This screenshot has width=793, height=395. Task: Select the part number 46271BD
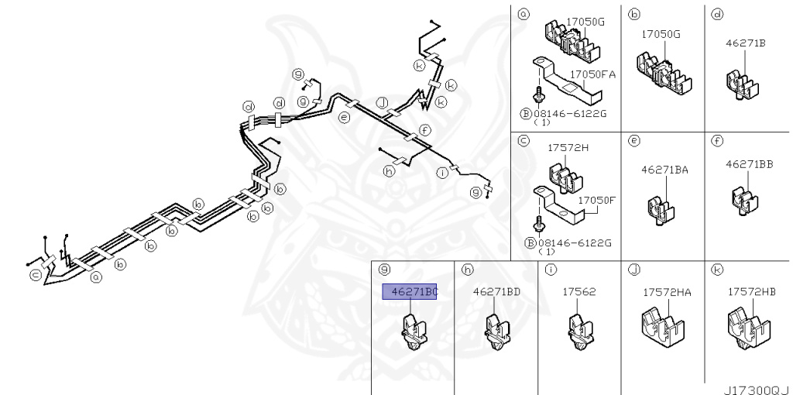point(496,291)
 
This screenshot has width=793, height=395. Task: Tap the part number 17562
point(578,291)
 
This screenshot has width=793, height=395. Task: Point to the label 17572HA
point(667,291)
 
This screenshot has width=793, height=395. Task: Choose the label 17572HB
point(750,291)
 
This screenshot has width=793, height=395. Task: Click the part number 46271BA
point(664,168)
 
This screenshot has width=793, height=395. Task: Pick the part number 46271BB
point(749,164)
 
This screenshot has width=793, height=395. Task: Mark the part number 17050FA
point(592,74)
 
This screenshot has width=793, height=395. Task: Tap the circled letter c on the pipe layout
point(35,275)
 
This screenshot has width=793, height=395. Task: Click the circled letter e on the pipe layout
point(344,118)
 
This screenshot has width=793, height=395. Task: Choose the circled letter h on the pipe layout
point(389,172)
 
